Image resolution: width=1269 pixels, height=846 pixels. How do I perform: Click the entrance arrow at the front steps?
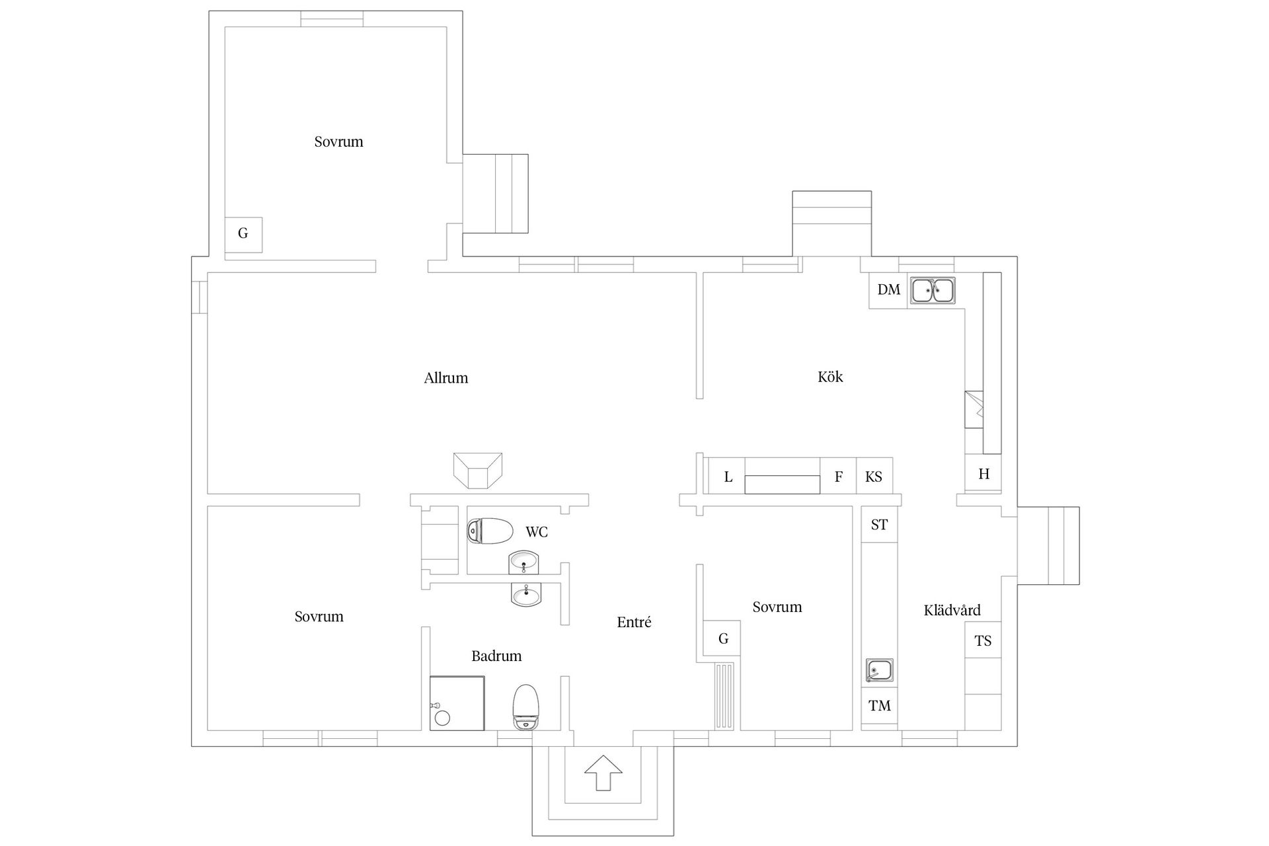tap(603, 773)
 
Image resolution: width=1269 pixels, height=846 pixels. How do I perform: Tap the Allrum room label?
tap(446, 378)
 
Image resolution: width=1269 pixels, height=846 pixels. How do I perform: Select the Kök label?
tap(830, 377)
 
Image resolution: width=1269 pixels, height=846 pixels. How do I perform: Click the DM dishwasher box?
tap(889, 290)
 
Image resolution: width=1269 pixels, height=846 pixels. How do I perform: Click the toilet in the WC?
tap(490, 530)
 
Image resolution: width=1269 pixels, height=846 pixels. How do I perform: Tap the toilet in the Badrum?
tap(526, 707)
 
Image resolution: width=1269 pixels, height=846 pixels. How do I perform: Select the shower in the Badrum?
tap(457, 703)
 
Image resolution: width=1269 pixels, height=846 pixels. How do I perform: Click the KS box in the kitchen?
tap(874, 477)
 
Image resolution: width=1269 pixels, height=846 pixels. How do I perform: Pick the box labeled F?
tap(838, 477)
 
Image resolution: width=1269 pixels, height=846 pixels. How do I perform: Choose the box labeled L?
tap(728, 477)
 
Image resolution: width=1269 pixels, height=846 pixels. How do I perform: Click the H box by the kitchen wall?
tap(983, 473)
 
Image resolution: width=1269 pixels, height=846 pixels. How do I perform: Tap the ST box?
tap(879, 525)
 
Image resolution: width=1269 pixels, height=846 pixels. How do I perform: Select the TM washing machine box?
tap(880, 706)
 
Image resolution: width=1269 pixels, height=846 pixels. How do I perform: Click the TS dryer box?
tap(983, 640)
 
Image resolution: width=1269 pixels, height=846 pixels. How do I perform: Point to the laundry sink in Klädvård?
tap(880, 670)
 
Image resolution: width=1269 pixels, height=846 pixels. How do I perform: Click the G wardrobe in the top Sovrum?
tap(243, 234)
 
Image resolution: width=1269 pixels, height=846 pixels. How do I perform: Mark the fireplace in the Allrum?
tap(478, 471)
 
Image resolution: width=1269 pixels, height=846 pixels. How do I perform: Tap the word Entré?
tap(634, 622)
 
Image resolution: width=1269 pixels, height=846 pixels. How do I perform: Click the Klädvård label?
tap(952, 610)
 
